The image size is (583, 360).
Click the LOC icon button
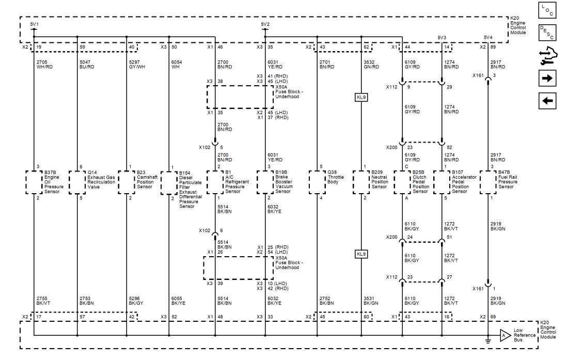547,10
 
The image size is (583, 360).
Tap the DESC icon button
547,33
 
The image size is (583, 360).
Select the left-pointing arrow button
547,101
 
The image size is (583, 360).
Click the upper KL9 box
361,98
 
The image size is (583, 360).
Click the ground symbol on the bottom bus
488,340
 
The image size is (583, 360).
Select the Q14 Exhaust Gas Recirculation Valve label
101,180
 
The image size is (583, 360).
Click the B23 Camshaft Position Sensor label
147,180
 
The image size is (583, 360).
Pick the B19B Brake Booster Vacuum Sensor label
284,182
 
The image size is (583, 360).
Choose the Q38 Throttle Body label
333,177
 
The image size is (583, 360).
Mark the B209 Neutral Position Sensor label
380,180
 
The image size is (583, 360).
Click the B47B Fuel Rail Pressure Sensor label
508,180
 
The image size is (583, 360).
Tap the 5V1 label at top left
34,25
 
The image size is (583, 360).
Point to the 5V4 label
488,38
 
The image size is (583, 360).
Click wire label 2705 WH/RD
44,65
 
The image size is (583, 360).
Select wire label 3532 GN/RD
371,65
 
